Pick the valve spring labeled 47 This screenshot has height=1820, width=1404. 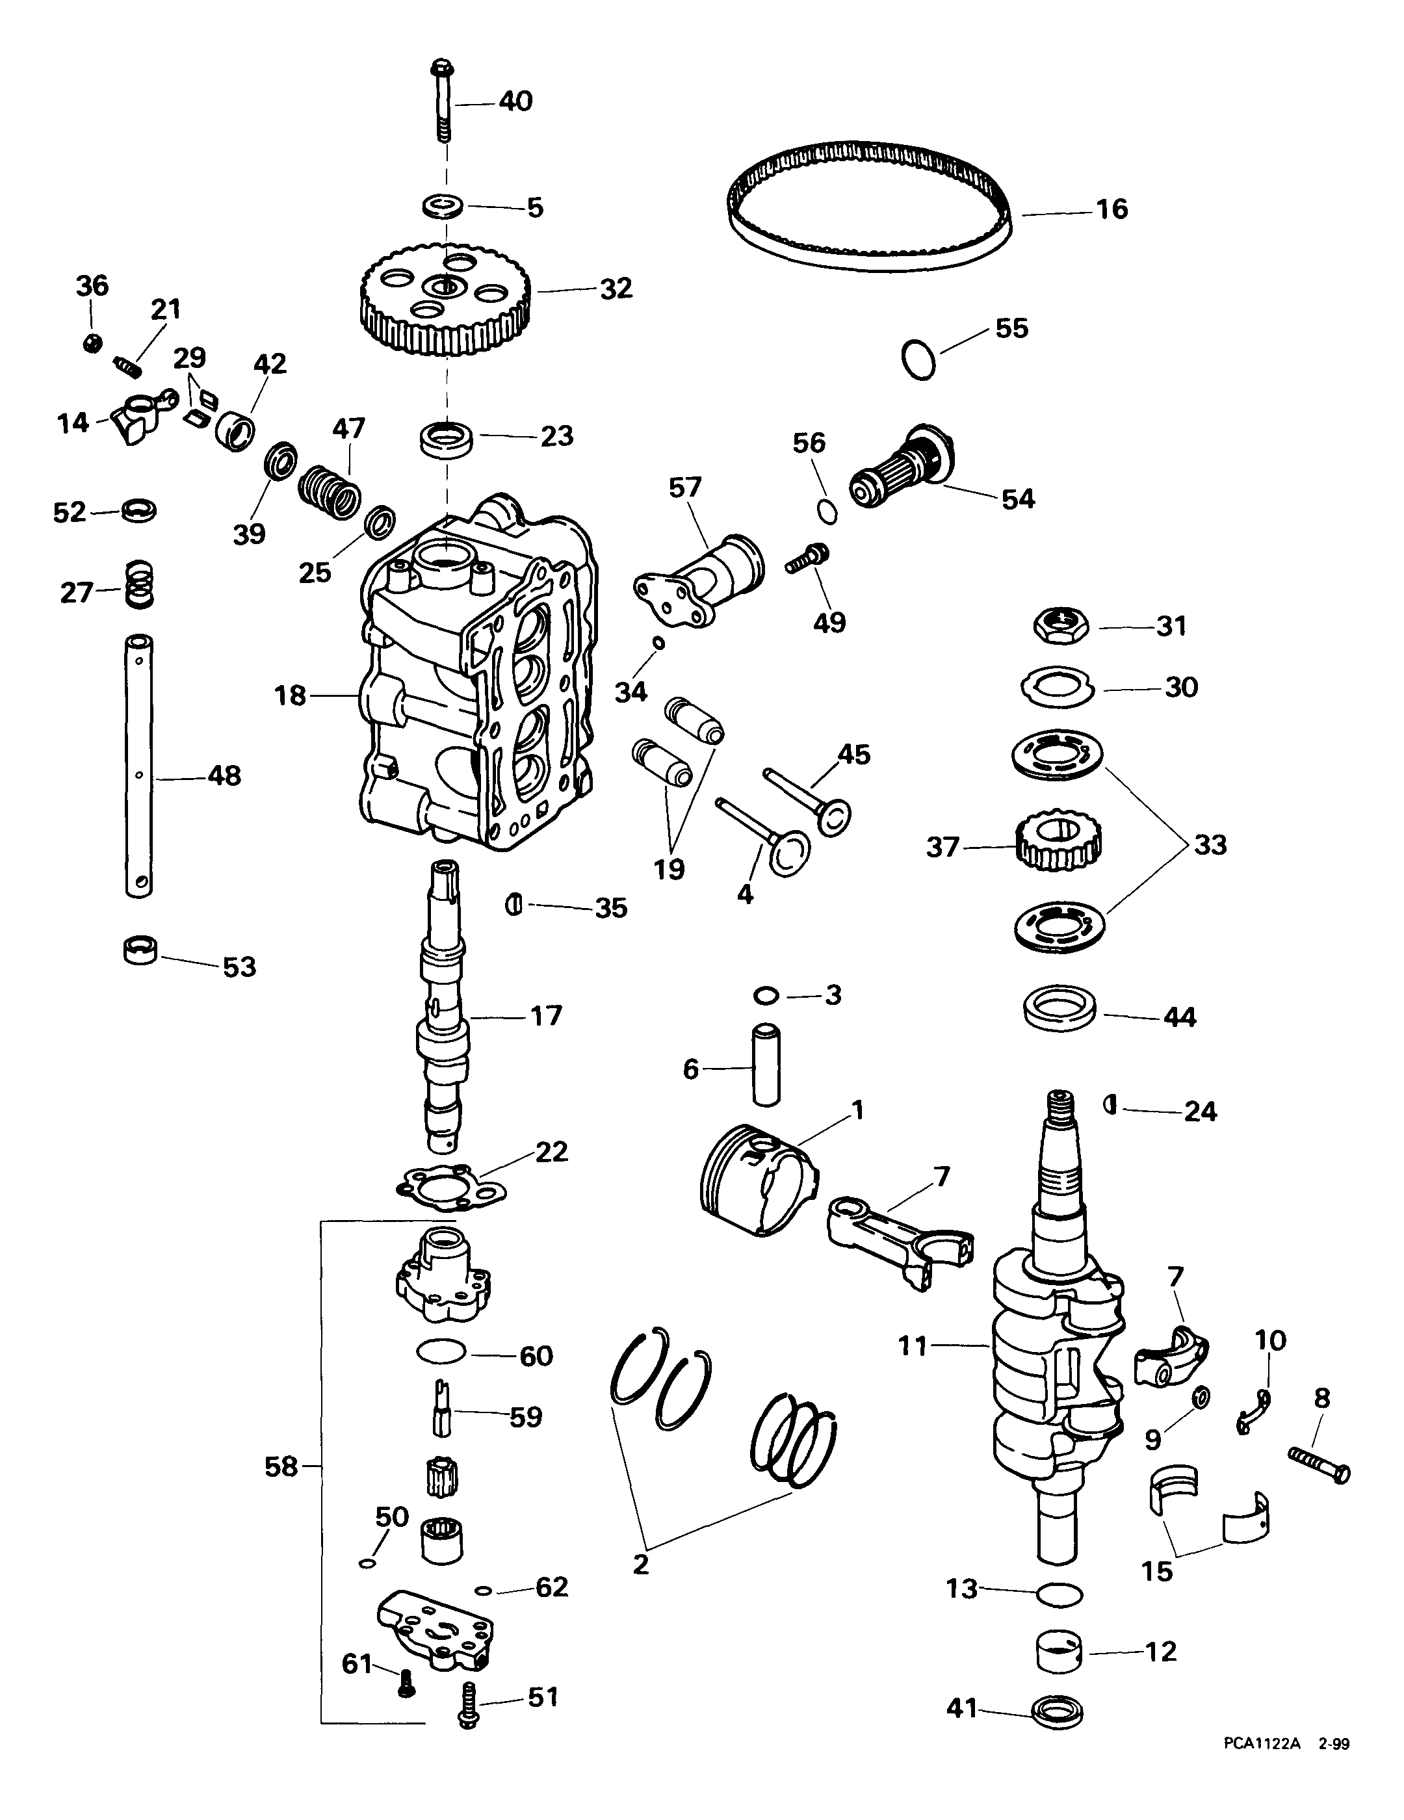point(330,493)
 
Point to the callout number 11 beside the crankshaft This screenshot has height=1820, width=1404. point(913,1345)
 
